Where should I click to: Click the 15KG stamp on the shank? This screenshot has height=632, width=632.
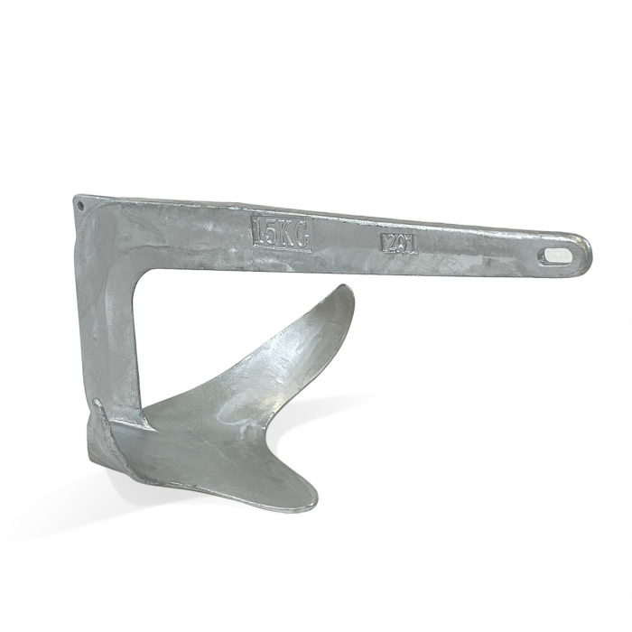281,232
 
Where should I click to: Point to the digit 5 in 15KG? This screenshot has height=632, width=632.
271,232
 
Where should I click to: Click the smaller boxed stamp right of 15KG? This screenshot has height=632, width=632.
398,242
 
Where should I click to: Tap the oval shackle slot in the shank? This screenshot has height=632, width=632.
557,256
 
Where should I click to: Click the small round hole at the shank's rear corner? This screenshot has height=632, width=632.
80,205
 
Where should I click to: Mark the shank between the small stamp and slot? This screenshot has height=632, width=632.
479,248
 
